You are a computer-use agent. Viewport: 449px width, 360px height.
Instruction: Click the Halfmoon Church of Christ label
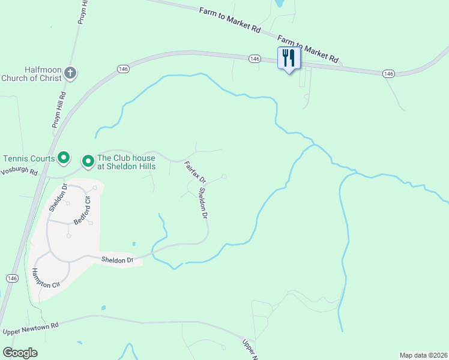[x=31, y=74]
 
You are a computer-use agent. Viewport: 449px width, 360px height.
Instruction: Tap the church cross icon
[x=70, y=74]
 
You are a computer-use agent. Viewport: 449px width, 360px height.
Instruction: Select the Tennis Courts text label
[x=28, y=158]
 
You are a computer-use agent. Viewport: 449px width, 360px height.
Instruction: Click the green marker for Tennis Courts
[x=64, y=158]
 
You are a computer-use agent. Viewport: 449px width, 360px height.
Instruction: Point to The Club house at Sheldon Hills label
[x=126, y=162]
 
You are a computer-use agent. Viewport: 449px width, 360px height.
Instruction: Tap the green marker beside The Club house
[x=88, y=161]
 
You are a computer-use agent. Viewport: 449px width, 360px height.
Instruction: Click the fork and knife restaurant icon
[x=289, y=58]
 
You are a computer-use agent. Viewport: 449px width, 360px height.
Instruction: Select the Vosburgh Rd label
[x=19, y=172]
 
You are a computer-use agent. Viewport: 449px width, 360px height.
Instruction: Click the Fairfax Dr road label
[x=194, y=172]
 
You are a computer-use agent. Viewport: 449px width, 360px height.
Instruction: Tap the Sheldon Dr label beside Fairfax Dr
[x=203, y=203]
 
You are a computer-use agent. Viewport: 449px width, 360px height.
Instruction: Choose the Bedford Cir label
[x=82, y=210]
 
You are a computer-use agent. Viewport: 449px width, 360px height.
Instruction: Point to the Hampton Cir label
[x=46, y=276]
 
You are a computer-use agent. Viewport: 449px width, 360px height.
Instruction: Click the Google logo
[x=20, y=353]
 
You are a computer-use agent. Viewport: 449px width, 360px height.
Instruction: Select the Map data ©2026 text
[x=423, y=355]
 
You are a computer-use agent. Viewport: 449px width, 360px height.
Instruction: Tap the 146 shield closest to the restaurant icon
[x=255, y=58]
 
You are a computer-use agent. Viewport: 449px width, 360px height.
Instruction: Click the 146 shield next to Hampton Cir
[x=12, y=278]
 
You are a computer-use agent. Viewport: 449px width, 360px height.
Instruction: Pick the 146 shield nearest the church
[x=124, y=69]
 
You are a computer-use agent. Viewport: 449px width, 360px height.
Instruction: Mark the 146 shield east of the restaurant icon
[x=388, y=73]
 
